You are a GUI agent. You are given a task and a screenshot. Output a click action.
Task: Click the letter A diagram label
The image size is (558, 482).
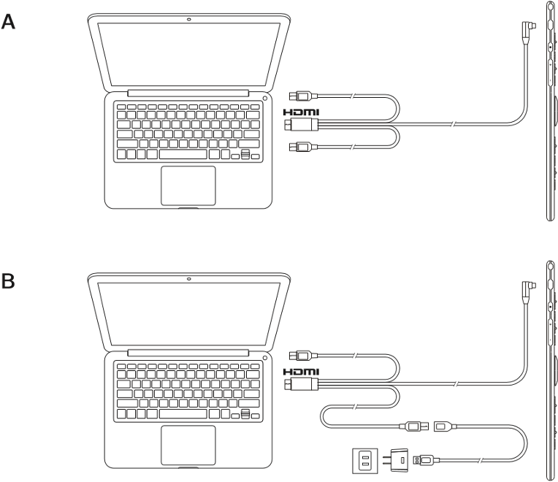(8, 22)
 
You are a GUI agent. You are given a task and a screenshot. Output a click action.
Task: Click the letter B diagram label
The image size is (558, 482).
(8, 281)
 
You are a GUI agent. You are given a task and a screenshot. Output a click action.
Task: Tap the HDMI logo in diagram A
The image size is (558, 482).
(301, 112)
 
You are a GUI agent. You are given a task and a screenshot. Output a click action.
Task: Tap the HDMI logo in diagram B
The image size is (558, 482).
(301, 372)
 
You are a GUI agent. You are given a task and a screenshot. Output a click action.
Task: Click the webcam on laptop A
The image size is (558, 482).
(188, 19)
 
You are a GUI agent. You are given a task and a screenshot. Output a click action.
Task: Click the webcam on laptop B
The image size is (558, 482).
(188, 278)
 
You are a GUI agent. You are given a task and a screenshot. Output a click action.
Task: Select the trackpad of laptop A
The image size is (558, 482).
(188, 185)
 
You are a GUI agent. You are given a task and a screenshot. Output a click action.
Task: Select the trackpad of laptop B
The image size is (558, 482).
(188, 445)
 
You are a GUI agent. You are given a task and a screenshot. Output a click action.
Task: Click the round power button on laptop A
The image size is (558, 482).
(265, 98)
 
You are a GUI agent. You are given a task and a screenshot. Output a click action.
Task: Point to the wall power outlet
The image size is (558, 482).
(364, 461)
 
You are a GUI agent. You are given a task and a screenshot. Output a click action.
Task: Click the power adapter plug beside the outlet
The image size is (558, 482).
(396, 460)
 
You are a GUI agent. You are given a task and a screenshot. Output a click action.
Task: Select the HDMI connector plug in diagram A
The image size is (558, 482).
(301, 124)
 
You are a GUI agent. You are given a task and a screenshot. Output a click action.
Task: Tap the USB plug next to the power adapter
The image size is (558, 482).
(426, 460)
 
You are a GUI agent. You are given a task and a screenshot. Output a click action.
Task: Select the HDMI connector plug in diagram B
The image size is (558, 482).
(301, 384)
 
